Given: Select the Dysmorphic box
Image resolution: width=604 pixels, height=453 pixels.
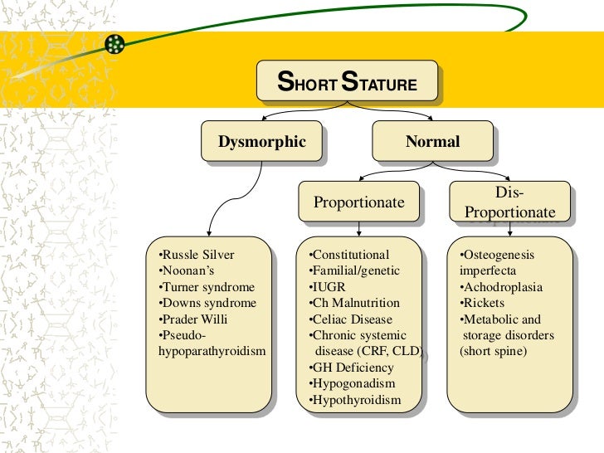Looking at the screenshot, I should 262,142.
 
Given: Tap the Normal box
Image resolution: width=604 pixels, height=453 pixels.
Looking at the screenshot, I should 432,142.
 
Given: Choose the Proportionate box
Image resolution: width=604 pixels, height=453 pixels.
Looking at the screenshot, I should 358,202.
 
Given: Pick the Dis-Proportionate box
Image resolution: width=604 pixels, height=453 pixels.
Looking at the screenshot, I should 509,202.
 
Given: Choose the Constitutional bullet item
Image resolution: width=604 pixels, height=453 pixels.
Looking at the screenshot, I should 348,255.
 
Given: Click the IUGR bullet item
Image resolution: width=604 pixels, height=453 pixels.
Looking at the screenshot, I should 326,287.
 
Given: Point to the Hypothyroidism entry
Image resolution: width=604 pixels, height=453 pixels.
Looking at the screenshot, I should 354,400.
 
